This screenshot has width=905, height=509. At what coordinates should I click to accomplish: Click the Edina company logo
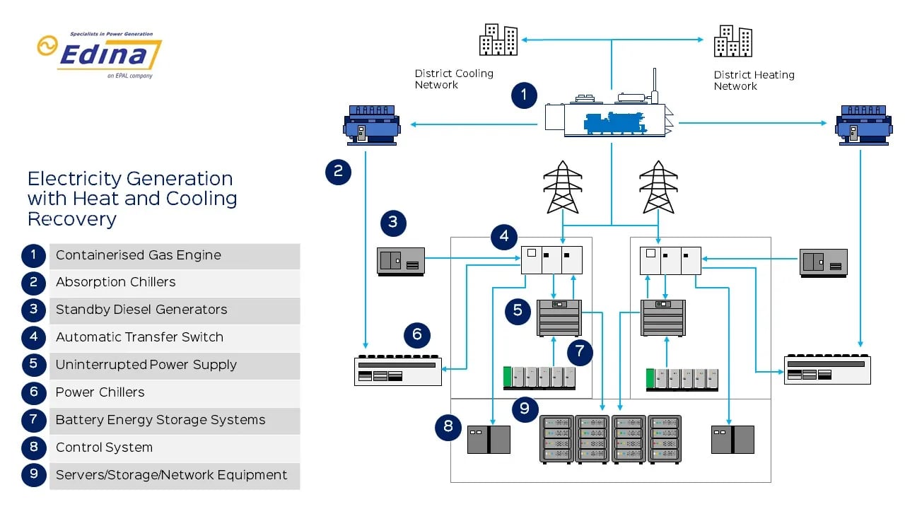point(100,54)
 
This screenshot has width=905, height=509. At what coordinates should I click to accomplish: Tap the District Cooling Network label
point(454,79)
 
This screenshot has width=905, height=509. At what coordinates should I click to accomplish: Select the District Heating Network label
point(754,81)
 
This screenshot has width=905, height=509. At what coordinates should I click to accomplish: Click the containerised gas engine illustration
point(607,117)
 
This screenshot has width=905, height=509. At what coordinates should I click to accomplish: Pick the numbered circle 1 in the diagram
point(524,95)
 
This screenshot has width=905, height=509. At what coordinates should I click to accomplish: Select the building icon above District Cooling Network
point(498,40)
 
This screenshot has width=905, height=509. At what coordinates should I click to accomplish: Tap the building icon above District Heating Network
point(732,41)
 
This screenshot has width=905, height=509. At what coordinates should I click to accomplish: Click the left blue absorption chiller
point(371,125)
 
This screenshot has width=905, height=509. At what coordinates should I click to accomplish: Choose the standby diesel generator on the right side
point(824,262)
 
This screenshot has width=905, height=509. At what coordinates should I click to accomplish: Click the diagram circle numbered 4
point(504,236)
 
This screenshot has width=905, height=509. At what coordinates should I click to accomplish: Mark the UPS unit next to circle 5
point(559,317)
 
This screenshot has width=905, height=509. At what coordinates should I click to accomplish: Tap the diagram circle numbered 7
point(580,351)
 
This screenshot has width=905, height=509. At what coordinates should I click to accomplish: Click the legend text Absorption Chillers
point(115,282)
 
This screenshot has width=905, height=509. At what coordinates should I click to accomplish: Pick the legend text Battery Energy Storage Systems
point(160,420)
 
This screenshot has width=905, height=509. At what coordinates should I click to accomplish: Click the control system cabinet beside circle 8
point(489,439)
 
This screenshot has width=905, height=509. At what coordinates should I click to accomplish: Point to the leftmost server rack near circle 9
point(556,439)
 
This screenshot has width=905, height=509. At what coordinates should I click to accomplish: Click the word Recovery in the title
point(71,219)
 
